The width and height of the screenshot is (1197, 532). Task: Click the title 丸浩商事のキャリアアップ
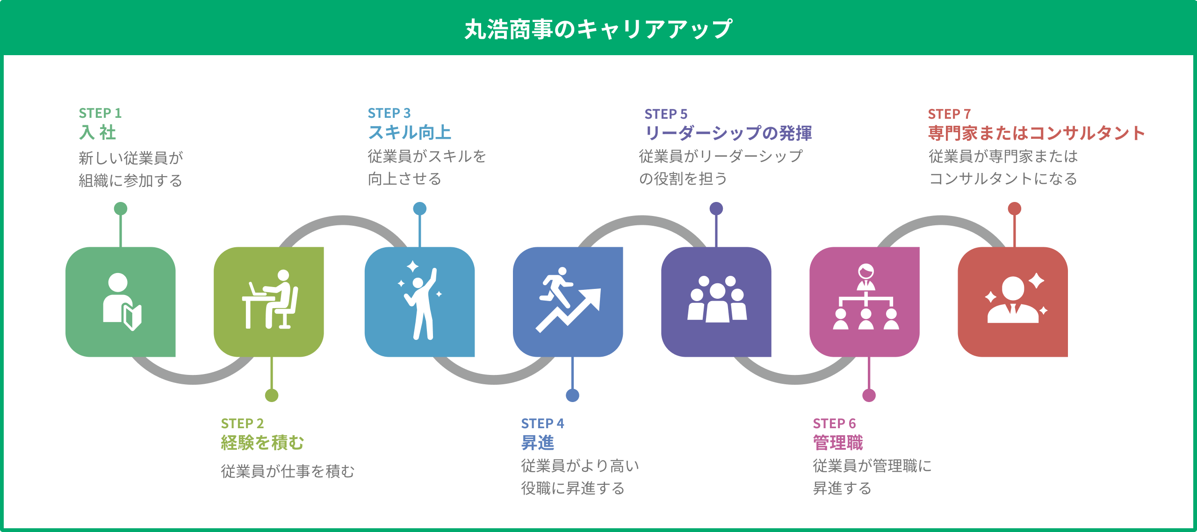[598, 29]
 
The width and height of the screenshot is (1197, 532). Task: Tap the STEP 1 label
[100, 113]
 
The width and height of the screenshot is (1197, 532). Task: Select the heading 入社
[97, 133]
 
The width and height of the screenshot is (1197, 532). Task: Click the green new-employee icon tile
[121, 302]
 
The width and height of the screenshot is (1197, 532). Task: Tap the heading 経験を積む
[262, 443]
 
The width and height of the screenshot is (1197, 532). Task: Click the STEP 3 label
[389, 113]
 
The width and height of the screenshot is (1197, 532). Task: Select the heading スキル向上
[410, 133]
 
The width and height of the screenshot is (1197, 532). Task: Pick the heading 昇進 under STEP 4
[538, 443]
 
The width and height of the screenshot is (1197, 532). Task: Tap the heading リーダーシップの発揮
[728, 133]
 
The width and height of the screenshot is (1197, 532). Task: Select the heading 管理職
[838, 443]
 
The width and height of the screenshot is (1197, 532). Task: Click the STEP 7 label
[949, 114]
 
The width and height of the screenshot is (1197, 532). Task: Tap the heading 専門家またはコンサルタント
[1037, 133]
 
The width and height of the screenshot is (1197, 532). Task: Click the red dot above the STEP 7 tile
[1014, 208]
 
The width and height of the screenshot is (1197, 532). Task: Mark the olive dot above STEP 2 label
[272, 395]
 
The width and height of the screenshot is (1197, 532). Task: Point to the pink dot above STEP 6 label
[869, 395]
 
